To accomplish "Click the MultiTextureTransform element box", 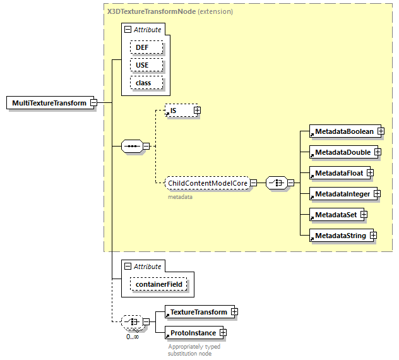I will pos(49,103).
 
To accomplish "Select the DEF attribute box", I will pos(146,47).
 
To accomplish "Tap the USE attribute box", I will pos(146,65).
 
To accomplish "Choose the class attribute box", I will pos(146,83).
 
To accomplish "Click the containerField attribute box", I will pos(159,284).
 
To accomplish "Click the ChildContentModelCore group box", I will pos(206,183).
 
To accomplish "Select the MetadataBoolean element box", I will pos(344,131).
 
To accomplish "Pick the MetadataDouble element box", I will pos(342,152).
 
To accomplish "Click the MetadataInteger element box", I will pos(342,194).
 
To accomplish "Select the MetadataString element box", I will pos(339,236).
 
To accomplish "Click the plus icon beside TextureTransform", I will pos(234,312).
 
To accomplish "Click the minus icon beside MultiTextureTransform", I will pos(93,103).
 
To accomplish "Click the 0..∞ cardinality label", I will pos(133,337).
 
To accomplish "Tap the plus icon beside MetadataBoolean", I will pos(381,131).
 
